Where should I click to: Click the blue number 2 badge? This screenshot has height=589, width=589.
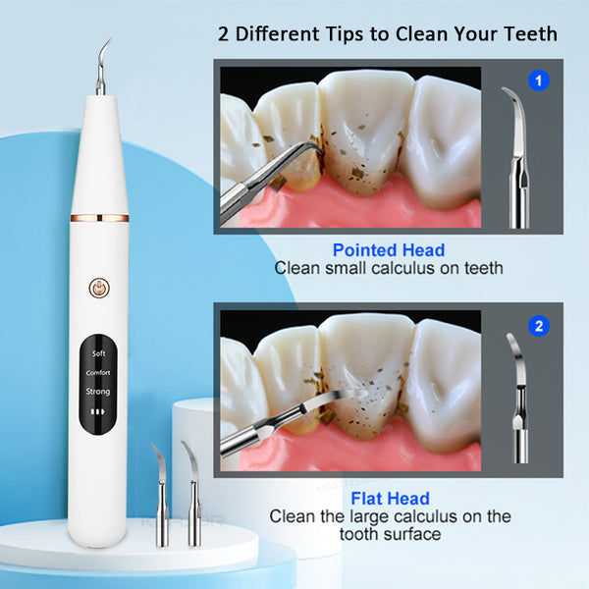tap(539, 326)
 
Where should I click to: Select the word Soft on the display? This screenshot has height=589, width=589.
tap(99, 352)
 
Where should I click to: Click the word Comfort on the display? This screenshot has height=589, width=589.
tap(99, 372)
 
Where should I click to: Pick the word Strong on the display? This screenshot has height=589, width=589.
tap(99, 392)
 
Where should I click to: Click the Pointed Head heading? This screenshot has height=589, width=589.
tap(388, 249)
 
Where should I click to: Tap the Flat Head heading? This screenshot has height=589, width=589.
tap(388, 499)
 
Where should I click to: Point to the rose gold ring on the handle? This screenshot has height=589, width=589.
tap(99, 215)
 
